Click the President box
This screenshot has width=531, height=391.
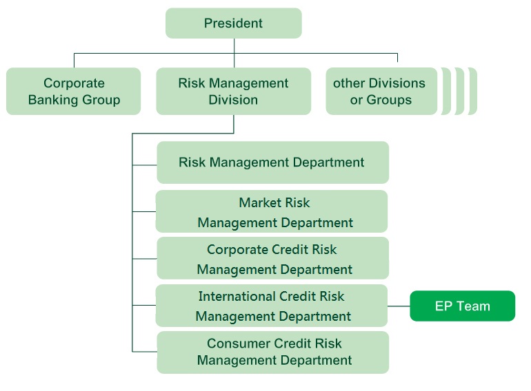tap(234, 23)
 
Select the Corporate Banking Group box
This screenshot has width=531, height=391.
tap(74, 92)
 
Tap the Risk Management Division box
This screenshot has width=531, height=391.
tap(234, 92)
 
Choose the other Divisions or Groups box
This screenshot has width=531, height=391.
tap(381, 92)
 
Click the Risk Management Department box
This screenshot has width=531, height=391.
tap(272, 162)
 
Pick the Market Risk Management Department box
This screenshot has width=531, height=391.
tap(272, 211)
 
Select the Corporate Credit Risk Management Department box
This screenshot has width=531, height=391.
tap(272, 258)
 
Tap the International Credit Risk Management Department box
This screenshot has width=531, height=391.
tap(272, 306)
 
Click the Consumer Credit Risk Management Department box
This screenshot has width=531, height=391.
tap(272, 352)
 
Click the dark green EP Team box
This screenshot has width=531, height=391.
tap(463, 306)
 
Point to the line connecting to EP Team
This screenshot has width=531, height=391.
tap(399, 306)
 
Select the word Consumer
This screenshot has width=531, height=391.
tap(236, 344)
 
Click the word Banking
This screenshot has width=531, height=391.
tap(53, 100)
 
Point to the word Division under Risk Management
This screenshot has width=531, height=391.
tap(233, 100)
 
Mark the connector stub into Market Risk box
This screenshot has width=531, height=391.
tap(144, 211)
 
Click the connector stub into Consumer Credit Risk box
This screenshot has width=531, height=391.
tap(145, 352)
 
